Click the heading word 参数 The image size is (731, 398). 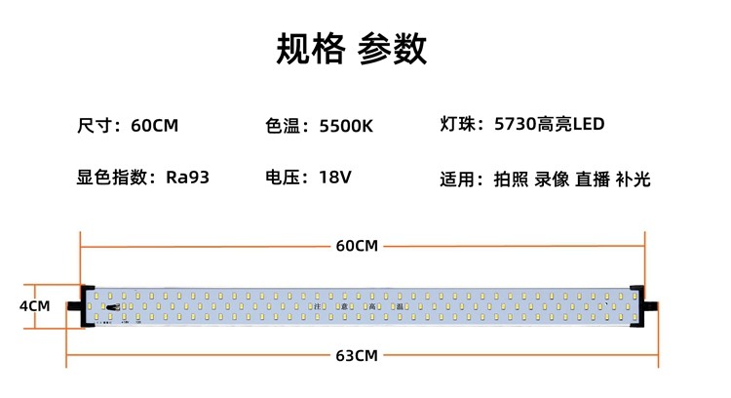pos(392,48)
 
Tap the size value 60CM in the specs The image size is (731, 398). pos(154,126)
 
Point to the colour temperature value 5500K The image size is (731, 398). pos(346,126)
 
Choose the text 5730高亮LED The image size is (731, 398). pos(550,125)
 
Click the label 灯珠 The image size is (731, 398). pos(459,125)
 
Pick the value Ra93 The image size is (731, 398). pos(188,178)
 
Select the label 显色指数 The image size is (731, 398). pos(112,178)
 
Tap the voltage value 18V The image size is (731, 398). pos(334,178)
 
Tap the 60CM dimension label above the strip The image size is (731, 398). pos(356,245)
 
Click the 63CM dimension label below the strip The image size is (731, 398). pos(356,355)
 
